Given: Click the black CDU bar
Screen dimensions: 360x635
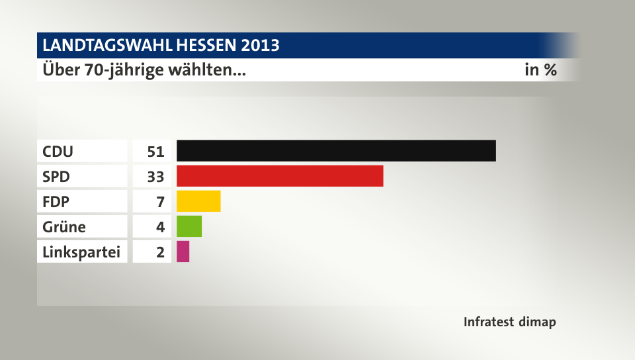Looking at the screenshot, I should (x=336, y=151).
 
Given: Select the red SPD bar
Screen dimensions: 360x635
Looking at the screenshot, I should (x=280, y=175).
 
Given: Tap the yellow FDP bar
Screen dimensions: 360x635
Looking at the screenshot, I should (x=198, y=201).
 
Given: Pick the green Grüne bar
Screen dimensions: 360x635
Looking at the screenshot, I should (x=189, y=226).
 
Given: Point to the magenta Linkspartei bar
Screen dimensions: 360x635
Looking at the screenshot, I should (x=183, y=251).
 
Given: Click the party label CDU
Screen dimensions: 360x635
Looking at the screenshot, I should (x=58, y=151).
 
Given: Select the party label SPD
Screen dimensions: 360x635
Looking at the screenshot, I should (x=56, y=176).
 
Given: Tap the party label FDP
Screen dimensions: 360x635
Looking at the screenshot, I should (x=56, y=201).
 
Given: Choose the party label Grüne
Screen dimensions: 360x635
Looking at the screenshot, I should (x=63, y=226).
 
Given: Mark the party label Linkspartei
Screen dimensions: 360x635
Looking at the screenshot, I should (x=81, y=251).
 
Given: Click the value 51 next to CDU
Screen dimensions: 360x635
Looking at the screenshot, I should (x=155, y=151).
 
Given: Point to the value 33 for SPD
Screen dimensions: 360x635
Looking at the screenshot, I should (x=155, y=176).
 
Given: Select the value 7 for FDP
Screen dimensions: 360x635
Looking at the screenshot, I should (x=159, y=201).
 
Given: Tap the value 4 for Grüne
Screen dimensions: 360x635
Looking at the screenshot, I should (x=159, y=226).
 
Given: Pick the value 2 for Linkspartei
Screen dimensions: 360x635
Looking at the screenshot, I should (x=159, y=251).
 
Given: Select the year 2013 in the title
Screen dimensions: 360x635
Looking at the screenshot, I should (x=260, y=46).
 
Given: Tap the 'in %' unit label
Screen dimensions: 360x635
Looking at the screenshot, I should (x=540, y=69).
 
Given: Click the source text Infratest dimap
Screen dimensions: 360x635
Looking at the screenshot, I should (x=509, y=322).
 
